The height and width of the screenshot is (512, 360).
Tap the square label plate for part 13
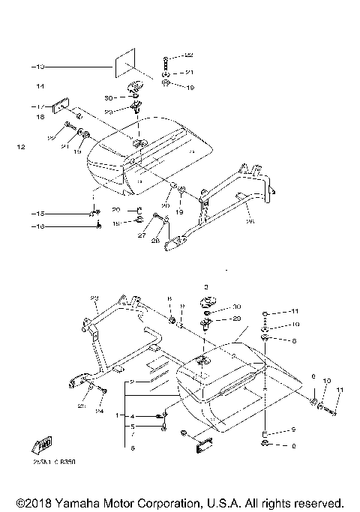[x=124, y=63]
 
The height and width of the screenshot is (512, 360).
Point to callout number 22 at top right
[x=189, y=56]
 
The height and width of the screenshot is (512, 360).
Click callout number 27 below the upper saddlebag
[x=142, y=235]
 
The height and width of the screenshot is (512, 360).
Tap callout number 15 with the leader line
[x=37, y=213]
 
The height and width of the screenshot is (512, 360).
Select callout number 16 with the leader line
[x=37, y=226]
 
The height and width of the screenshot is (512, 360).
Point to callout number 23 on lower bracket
[x=94, y=298]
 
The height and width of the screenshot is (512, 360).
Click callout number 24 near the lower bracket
[x=98, y=411]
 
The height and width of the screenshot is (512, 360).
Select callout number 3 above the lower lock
[x=205, y=286]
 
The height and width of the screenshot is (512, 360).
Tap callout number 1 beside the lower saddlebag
[x=117, y=415]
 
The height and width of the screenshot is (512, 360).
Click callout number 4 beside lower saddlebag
[x=132, y=415]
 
